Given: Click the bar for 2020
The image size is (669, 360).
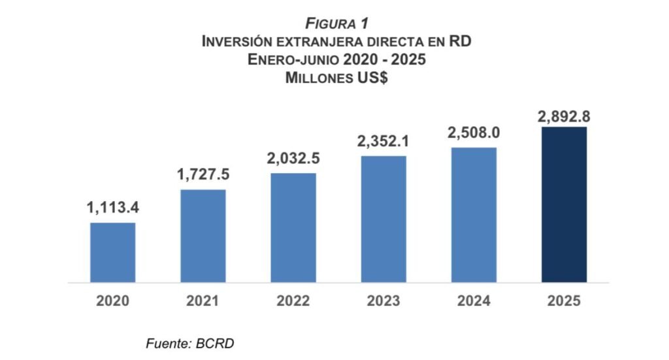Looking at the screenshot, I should click(x=113, y=253).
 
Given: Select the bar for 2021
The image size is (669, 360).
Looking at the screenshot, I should click(x=203, y=236).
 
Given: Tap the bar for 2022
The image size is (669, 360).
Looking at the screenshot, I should click(x=293, y=228).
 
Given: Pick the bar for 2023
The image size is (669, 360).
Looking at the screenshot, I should click(x=383, y=219).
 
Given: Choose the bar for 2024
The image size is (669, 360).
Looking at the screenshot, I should click(x=474, y=215).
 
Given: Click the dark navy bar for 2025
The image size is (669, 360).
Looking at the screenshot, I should click(x=564, y=205).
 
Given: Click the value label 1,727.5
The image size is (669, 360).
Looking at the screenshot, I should click(x=203, y=175).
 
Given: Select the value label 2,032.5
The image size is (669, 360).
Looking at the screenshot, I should click(x=293, y=159).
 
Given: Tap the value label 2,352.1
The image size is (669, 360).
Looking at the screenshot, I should click(x=383, y=141).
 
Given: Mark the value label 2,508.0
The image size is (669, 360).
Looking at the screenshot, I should click(x=474, y=133).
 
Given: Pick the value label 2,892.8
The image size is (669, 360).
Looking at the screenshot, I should click(x=564, y=117).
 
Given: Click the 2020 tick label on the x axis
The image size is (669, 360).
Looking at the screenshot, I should click(x=113, y=302).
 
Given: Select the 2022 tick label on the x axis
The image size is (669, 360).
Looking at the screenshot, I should click(x=293, y=302).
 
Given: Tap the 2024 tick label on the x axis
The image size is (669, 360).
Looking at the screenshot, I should click(x=474, y=302).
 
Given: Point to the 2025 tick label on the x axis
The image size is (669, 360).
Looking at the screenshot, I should click(x=564, y=302).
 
